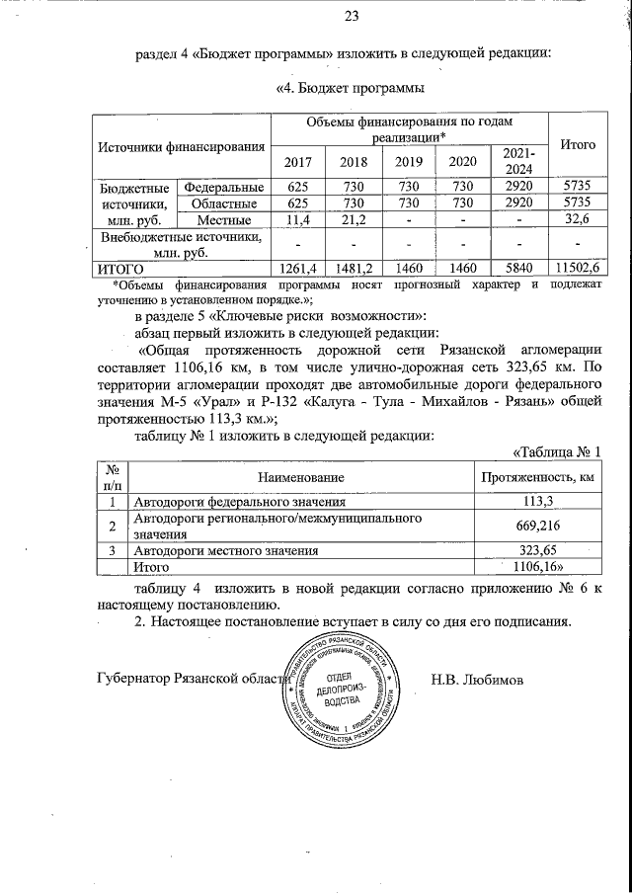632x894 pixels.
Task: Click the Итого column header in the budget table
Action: [577, 144]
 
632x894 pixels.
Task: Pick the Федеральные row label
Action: [224, 187]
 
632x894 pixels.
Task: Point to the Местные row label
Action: [224, 218]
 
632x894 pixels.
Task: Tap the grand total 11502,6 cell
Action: [577, 268]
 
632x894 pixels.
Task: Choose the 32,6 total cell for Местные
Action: [577, 218]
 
